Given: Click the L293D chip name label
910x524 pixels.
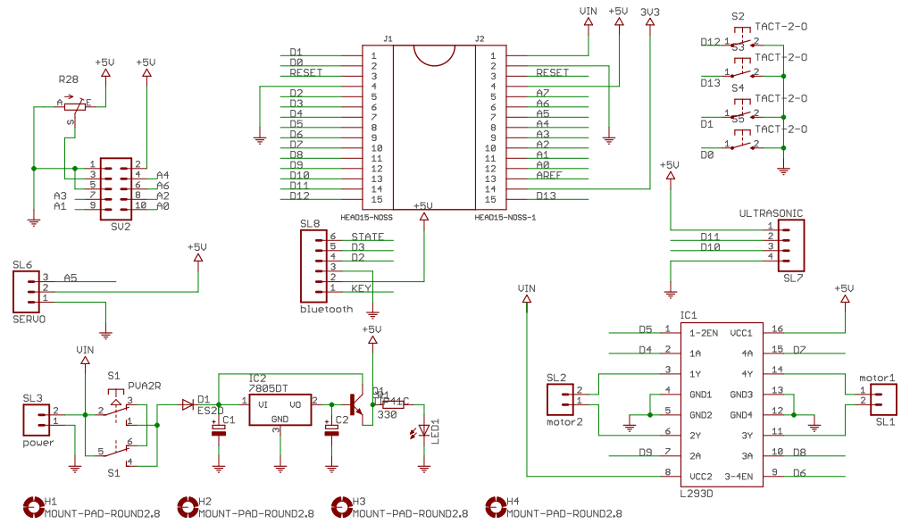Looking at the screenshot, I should pos(697,493).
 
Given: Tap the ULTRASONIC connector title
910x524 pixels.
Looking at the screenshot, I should pos(771,213).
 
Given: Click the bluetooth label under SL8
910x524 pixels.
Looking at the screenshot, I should pos(327,309).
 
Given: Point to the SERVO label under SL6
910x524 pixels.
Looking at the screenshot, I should pos(29,318).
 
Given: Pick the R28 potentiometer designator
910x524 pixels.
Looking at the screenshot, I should pos(68,79).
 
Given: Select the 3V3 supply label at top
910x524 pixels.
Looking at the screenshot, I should pos(650,11).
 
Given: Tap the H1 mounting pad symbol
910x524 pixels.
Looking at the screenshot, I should pos(34,507).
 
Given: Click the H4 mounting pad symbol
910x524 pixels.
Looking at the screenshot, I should pos(495,507).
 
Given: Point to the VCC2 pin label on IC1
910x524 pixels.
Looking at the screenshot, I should pos(700,476).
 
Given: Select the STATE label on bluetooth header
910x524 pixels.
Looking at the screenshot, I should pos(367,237).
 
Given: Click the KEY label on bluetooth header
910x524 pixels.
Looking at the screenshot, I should pos(361,287).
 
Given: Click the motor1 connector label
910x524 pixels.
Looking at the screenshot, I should pos(877,378).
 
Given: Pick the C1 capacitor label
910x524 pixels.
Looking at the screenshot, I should pos(230,419).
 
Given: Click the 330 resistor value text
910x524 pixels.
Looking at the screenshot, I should pos(387,414).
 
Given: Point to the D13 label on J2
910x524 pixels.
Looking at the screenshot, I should pos(547,195).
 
